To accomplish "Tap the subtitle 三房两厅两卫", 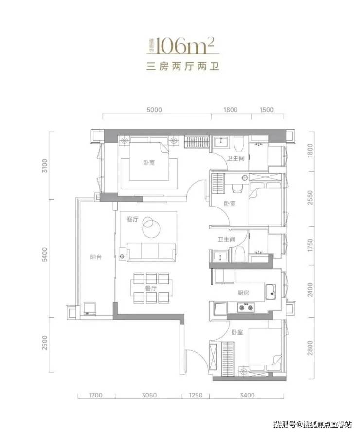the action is [x=182, y=67].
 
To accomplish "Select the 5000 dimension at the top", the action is [x=154, y=110].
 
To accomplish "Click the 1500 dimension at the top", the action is [x=267, y=110].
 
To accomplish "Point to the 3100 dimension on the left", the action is [x=44, y=166].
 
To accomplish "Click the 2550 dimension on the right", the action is [x=310, y=198].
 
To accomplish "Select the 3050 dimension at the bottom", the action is [x=149, y=396].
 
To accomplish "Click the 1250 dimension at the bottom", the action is [x=195, y=396].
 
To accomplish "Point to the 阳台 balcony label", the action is [x=96, y=258].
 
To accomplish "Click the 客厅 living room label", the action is [x=133, y=219].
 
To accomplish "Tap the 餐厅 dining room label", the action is [x=151, y=289].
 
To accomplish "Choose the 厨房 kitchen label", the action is [x=243, y=293].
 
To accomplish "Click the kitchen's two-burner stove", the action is [x=246, y=307].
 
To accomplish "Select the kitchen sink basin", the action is [x=271, y=292].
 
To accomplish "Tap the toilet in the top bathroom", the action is [x=238, y=143].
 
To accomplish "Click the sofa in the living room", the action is [x=151, y=252].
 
